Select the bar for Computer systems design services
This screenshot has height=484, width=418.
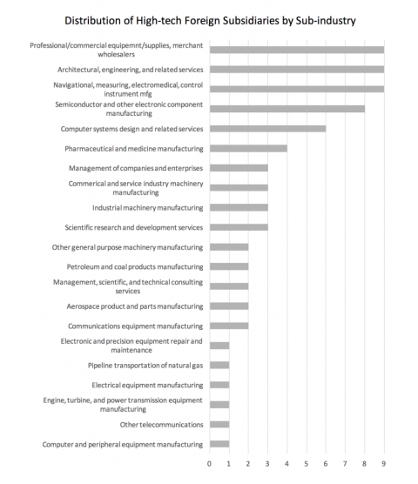267,128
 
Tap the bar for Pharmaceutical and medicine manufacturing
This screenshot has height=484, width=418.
248,148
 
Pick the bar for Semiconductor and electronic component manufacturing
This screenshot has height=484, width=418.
287,108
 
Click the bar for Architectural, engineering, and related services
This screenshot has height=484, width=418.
296,69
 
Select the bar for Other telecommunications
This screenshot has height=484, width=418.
219,424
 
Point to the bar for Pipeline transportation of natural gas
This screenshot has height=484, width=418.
219,365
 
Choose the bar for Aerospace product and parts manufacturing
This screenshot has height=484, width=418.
228,306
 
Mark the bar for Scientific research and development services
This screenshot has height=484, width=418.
239,227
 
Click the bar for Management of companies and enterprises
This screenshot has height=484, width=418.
239,167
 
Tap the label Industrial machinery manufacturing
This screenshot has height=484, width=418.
147,208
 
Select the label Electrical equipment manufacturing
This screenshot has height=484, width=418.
146,385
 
